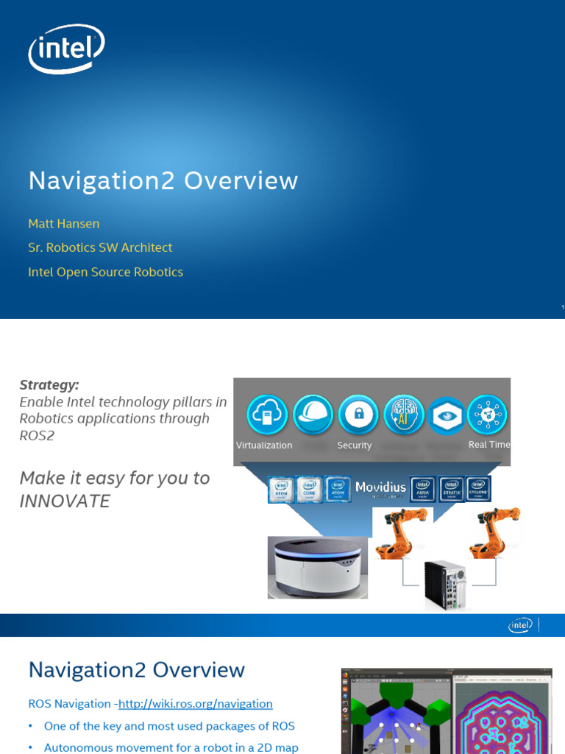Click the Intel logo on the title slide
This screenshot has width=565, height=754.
pos(65,50)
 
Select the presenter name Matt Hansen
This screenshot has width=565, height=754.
pos(64,223)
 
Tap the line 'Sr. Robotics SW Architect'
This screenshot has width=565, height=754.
pos(100,247)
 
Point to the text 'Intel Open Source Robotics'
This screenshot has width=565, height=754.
pos(105,272)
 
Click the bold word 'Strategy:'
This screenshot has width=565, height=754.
pos(49,385)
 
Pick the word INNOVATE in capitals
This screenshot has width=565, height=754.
pos(65,501)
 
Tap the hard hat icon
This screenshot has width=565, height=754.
pos(313,415)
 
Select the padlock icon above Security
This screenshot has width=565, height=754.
pos(358,415)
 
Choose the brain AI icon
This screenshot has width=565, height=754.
pos(404,415)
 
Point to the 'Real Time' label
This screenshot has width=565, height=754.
pos(488,445)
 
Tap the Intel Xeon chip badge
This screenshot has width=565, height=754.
pos(281,490)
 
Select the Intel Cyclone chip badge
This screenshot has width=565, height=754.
pos(479,488)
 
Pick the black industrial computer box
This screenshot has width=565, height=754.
pos(446,585)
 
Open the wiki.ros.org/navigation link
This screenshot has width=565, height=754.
pos(195,704)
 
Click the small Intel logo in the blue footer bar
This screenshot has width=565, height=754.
pos(519,626)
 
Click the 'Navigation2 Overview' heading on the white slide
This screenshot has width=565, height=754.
pos(136,670)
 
